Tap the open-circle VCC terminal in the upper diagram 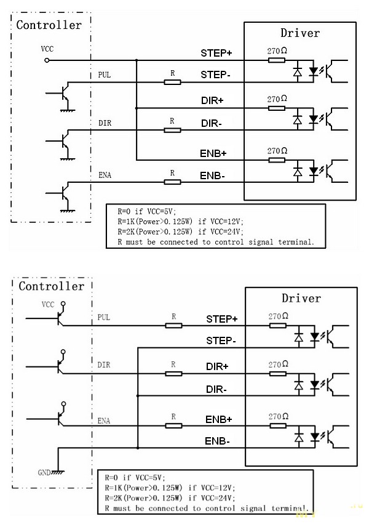47,60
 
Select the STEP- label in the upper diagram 216,76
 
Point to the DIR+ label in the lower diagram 217,366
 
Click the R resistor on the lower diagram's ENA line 173,425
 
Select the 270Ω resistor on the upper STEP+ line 277,60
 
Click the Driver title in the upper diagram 300,33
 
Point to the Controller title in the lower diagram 51,286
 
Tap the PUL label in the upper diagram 105,75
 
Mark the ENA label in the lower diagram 104,421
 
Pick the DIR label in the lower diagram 104,365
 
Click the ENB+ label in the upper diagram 214,152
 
